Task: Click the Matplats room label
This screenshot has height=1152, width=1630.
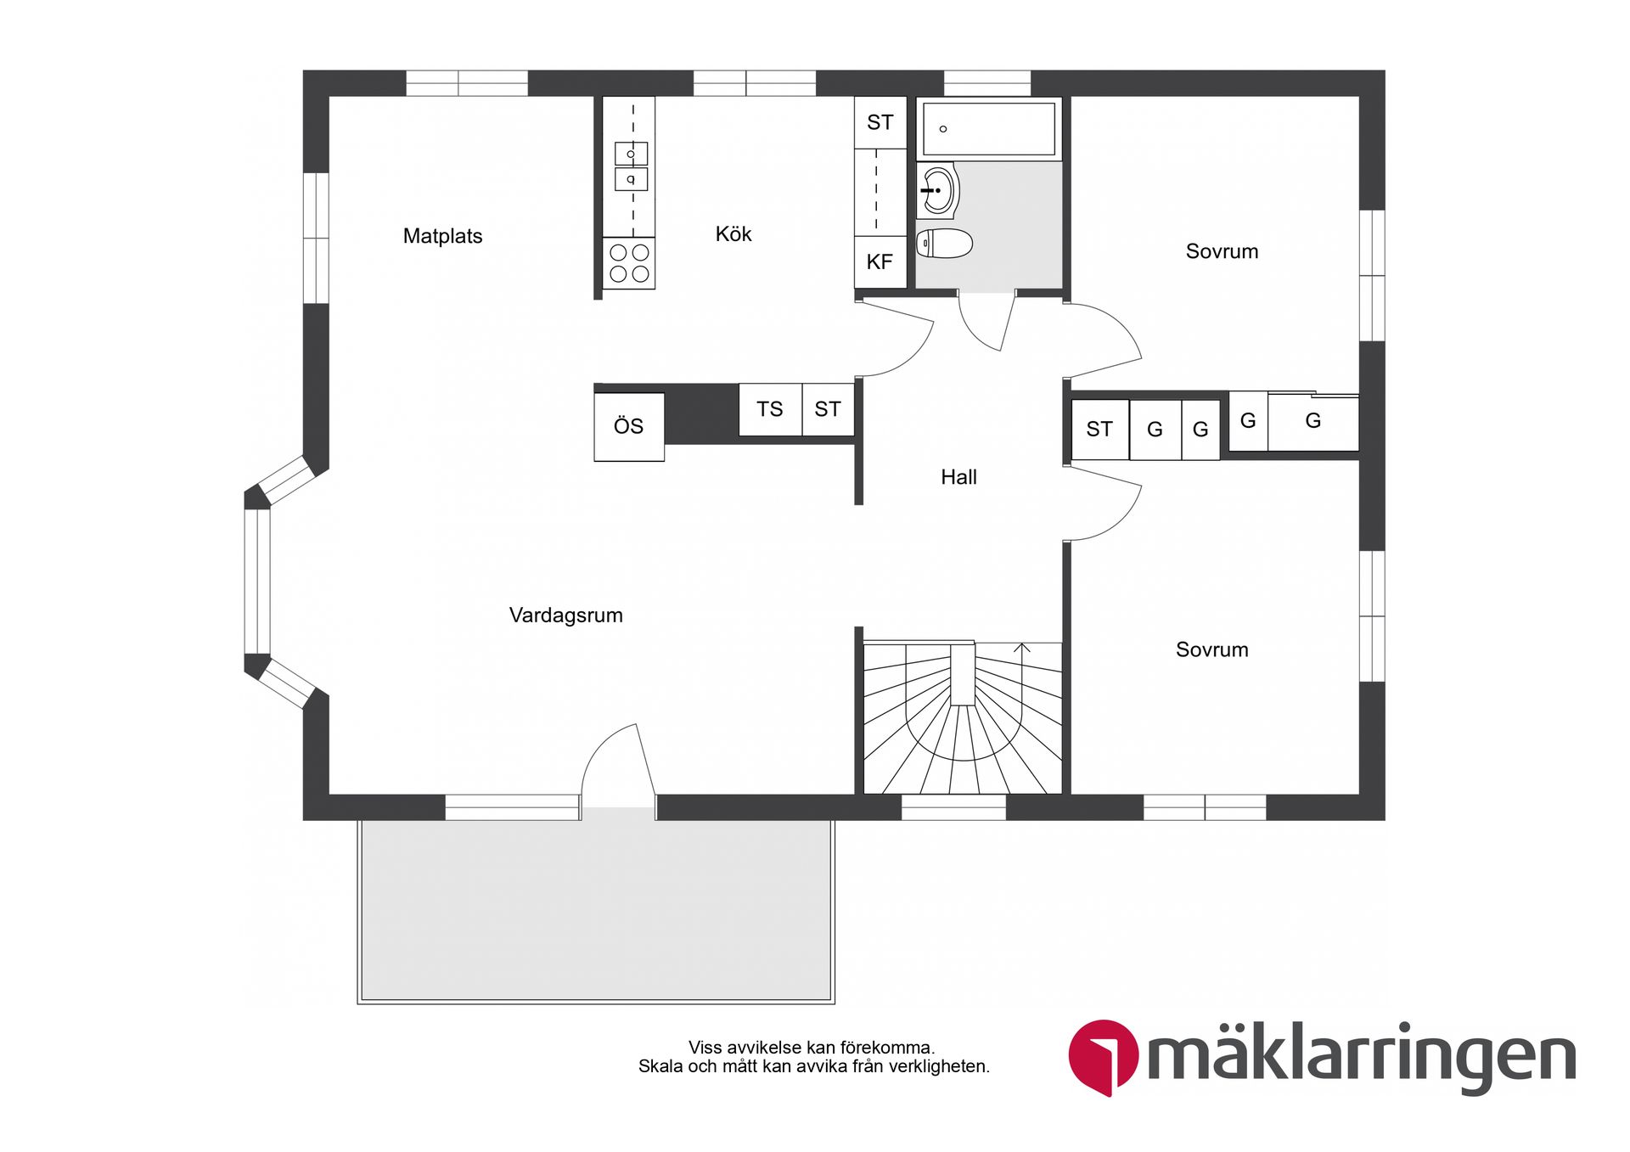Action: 442,236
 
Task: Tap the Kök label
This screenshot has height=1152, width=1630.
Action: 733,234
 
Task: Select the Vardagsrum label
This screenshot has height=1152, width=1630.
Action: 565,615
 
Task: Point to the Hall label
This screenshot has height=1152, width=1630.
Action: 958,477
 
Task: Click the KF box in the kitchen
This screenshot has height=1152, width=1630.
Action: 880,262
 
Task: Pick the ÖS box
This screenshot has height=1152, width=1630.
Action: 629,426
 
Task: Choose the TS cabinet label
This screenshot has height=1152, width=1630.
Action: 770,409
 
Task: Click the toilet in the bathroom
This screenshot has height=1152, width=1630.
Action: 945,244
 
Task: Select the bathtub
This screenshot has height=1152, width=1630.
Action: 989,129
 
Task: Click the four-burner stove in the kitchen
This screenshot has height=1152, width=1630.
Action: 629,263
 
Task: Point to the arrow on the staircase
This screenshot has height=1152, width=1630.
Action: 1022,649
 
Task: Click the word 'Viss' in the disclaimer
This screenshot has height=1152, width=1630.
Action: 704,1048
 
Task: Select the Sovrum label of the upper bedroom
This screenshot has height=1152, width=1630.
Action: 1222,251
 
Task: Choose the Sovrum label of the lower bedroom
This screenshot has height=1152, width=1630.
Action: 1211,650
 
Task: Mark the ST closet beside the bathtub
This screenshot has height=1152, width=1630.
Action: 880,123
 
